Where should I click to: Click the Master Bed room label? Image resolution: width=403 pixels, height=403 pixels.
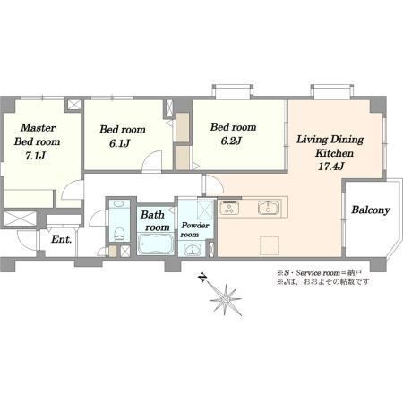(37, 134)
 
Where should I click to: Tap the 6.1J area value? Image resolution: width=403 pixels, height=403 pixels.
(119, 143)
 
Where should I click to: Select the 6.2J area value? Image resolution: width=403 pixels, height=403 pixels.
(231, 141)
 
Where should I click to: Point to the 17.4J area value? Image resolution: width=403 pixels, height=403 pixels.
(330, 167)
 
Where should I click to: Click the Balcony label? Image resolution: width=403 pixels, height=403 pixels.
(371, 210)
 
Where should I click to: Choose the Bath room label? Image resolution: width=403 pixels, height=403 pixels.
(155, 221)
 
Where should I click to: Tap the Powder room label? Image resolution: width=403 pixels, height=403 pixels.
(195, 230)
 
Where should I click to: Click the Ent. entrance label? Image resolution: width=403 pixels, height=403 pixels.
(62, 239)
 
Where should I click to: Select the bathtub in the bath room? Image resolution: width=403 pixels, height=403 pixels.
(156, 244)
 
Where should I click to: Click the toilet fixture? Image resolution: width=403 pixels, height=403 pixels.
(120, 234)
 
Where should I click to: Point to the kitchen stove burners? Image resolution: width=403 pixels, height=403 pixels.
(229, 208)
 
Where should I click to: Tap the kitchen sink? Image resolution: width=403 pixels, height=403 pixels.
(269, 208)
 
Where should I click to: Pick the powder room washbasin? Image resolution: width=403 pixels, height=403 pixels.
(193, 250)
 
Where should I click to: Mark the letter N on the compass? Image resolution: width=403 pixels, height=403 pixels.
(202, 279)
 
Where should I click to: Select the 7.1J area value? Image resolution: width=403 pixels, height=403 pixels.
(35, 156)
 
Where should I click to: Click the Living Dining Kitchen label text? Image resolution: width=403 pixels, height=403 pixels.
(330, 146)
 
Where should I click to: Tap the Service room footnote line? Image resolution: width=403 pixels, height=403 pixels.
(320, 272)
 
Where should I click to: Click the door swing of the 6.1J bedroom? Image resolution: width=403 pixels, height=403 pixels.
(152, 162)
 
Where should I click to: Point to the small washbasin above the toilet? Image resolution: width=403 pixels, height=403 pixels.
(119, 204)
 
